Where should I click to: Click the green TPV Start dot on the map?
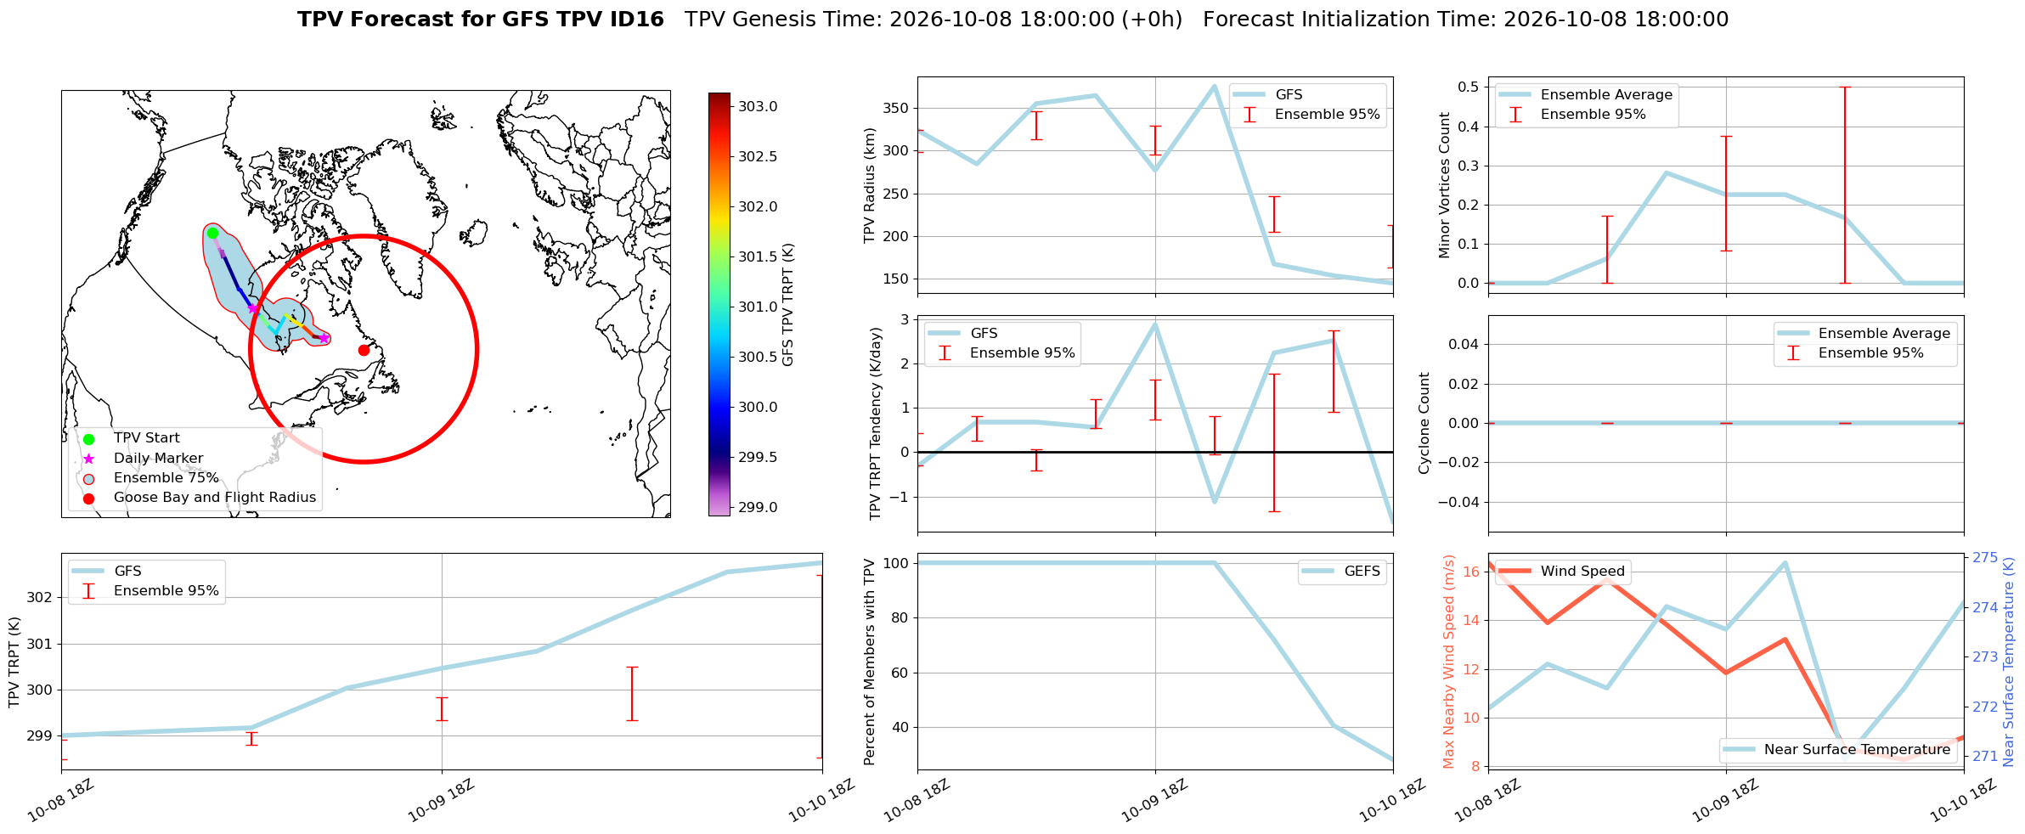tap(212, 233)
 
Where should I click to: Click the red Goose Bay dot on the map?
tap(364, 350)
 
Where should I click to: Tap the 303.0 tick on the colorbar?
tap(758, 106)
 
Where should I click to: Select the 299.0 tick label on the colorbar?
tap(758, 507)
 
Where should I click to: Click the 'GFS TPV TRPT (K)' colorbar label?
tap(788, 305)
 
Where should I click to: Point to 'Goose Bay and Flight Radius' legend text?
tap(215, 497)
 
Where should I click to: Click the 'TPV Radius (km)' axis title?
tap(870, 185)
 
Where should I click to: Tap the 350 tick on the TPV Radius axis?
tap(897, 108)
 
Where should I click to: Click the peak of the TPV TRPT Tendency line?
tap(1155, 324)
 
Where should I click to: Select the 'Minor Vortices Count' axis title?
tap(1445, 185)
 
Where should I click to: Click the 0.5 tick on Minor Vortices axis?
tap(1468, 87)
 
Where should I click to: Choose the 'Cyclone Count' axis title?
tap(1424, 423)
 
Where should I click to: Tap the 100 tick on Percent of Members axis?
tap(897, 563)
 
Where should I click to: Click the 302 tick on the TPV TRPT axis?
tap(40, 597)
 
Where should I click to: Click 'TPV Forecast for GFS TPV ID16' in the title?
tap(481, 20)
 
